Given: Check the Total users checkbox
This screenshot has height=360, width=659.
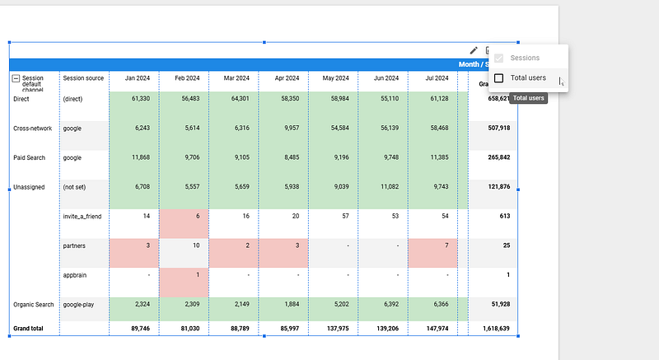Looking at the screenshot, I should [499, 78].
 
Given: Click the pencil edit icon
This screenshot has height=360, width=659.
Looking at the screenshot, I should [474, 51].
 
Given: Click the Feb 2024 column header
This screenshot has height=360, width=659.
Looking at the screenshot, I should [184, 78].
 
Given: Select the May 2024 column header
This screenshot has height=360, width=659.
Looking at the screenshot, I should [334, 78].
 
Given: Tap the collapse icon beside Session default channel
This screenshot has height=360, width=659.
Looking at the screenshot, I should [16, 78].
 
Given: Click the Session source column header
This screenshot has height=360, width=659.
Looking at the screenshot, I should [83, 78].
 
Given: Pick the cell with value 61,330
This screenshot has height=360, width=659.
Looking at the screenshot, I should [135, 99].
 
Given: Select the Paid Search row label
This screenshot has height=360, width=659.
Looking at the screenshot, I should [30, 157].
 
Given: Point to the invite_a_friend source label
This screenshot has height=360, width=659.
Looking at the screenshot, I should [83, 216].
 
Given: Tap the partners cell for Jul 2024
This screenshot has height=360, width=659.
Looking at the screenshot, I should [432, 245].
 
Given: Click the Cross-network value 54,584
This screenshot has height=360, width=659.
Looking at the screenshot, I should [334, 129].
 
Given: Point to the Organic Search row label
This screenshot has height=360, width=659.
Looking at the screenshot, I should [34, 305].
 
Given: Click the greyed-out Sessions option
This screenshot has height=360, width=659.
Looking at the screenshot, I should [525, 58].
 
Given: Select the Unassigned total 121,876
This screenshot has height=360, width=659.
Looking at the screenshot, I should [494, 187].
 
